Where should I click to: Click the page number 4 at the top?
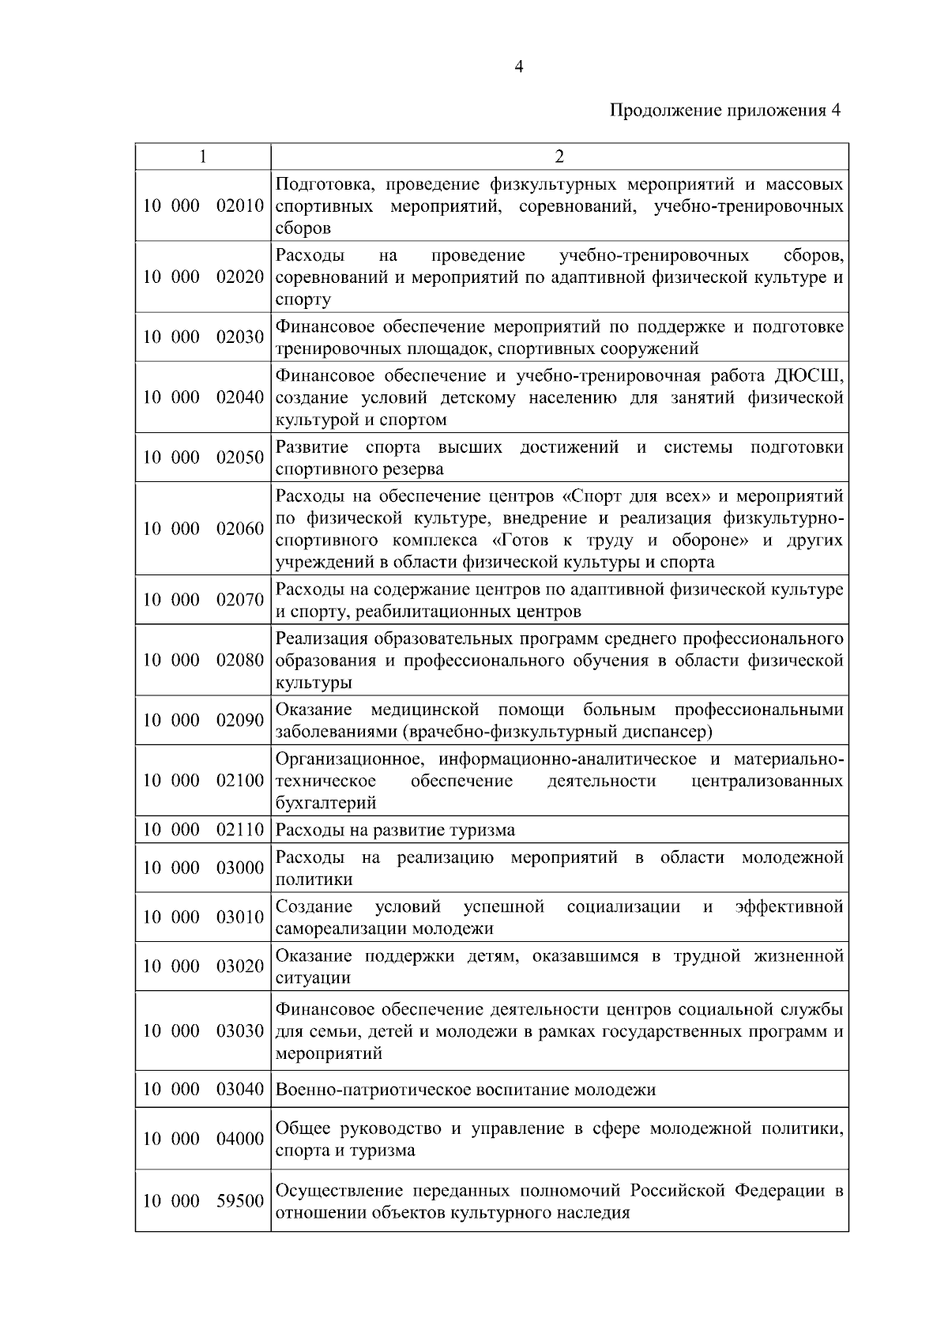pyautogui.click(x=518, y=67)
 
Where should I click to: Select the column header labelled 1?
pyautogui.click(x=202, y=156)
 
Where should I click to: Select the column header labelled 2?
pyautogui.click(x=559, y=156)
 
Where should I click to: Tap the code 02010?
pyautogui.click(x=240, y=206)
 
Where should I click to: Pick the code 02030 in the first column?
pyautogui.click(x=240, y=337)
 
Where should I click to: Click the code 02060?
pyautogui.click(x=240, y=529)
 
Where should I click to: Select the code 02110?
pyautogui.click(x=240, y=830)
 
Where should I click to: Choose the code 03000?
pyautogui.click(x=240, y=868)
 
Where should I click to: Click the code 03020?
pyautogui.click(x=240, y=966)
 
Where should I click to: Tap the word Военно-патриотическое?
pyautogui.click(x=373, y=1090)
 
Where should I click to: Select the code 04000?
pyautogui.click(x=240, y=1139)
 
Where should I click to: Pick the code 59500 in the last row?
pyautogui.click(x=240, y=1201)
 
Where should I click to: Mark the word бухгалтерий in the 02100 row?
pyautogui.click(x=325, y=803)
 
